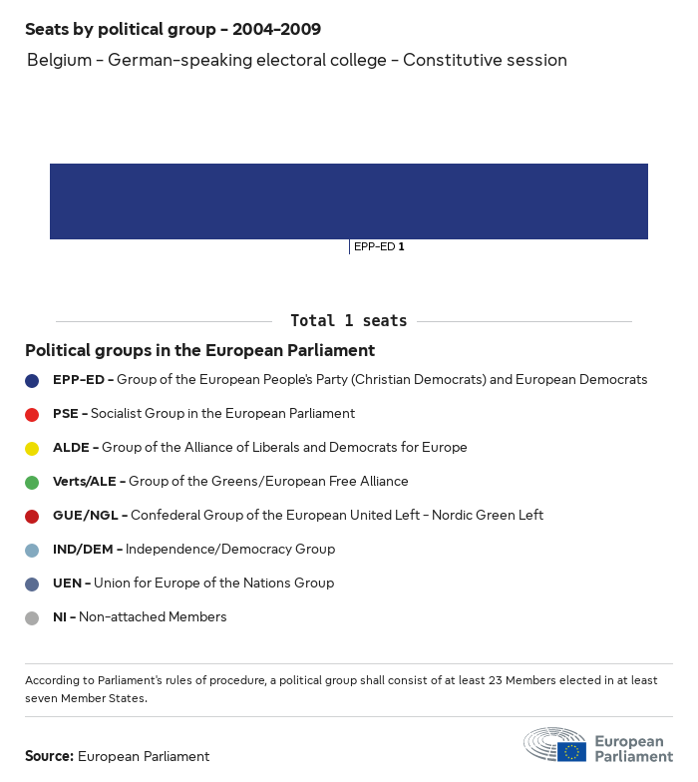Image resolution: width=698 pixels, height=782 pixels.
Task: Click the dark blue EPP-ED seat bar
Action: click(349, 201)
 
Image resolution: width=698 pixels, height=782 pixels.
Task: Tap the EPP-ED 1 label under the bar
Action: click(379, 246)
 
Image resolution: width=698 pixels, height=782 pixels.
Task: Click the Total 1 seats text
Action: click(348, 321)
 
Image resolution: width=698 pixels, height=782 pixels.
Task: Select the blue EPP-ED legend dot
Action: click(32, 380)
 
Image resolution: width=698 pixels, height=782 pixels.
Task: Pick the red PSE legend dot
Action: click(32, 414)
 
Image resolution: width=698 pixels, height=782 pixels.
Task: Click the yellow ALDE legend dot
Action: click(32, 448)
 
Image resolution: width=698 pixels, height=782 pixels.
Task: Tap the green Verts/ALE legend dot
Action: click(32, 482)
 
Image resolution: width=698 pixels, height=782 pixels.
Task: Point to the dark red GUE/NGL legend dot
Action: click(32, 516)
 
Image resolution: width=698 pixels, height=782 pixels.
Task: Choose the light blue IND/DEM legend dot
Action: click(32, 550)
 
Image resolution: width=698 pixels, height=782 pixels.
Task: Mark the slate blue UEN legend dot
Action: click(32, 584)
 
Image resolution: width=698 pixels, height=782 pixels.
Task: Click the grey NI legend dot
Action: click(32, 617)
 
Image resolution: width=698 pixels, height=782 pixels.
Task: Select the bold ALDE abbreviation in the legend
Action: click(72, 448)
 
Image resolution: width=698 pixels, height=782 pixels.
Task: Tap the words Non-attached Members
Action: click(153, 617)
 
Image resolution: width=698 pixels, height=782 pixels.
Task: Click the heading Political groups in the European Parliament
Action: click(199, 351)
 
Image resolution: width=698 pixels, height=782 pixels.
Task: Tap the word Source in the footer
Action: click(49, 757)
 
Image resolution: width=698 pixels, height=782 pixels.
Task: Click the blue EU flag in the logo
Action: click(571, 751)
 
